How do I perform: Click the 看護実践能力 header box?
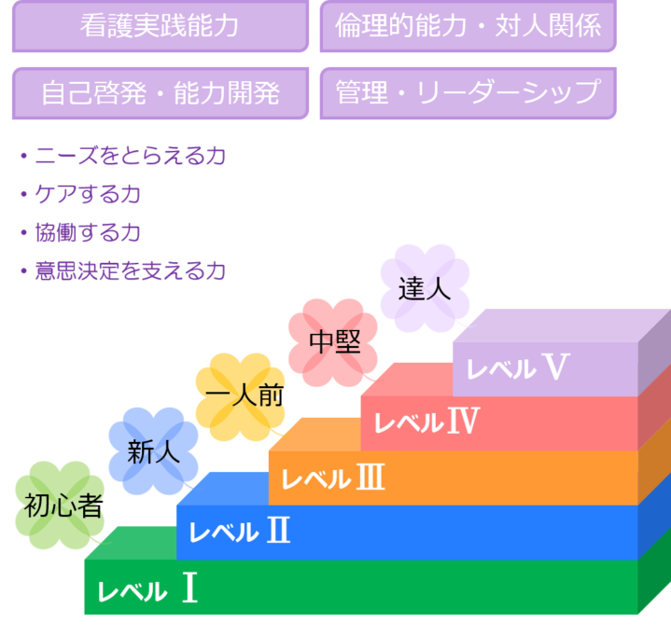[160, 26]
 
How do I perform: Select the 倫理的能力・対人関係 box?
[468, 26]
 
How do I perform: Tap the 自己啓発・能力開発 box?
[160, 93]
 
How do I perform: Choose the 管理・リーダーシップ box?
[468, 93]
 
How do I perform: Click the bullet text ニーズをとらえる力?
[129, 157]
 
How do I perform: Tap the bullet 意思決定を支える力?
[129, 271]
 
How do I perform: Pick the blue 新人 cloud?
[153, 452]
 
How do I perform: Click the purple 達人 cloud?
[425, 288]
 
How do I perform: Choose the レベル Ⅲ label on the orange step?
[332, 478]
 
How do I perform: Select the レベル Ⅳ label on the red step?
[426, 422]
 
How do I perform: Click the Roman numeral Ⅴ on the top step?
[554, 367]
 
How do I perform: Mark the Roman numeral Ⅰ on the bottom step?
[189, 589]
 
